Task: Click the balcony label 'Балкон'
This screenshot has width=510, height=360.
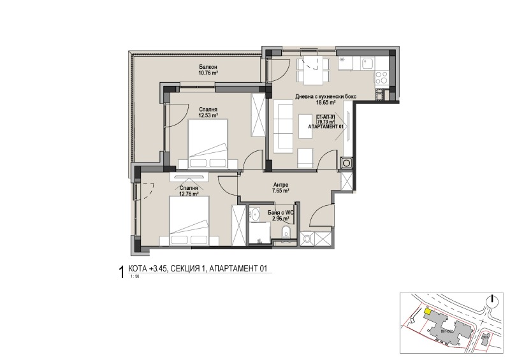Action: (x=208, y=67)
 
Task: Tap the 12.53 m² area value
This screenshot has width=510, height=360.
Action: (x=208, y=116)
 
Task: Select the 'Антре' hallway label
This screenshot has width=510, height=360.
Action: (x=281, y=183)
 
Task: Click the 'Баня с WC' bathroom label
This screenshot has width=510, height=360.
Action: (x=280, y=212)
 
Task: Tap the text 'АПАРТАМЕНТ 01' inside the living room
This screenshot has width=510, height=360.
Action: (x=326, y=127)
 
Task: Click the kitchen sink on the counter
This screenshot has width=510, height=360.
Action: (x=368, y=62)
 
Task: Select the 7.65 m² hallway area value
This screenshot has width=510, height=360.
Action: (x=281, y=190)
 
